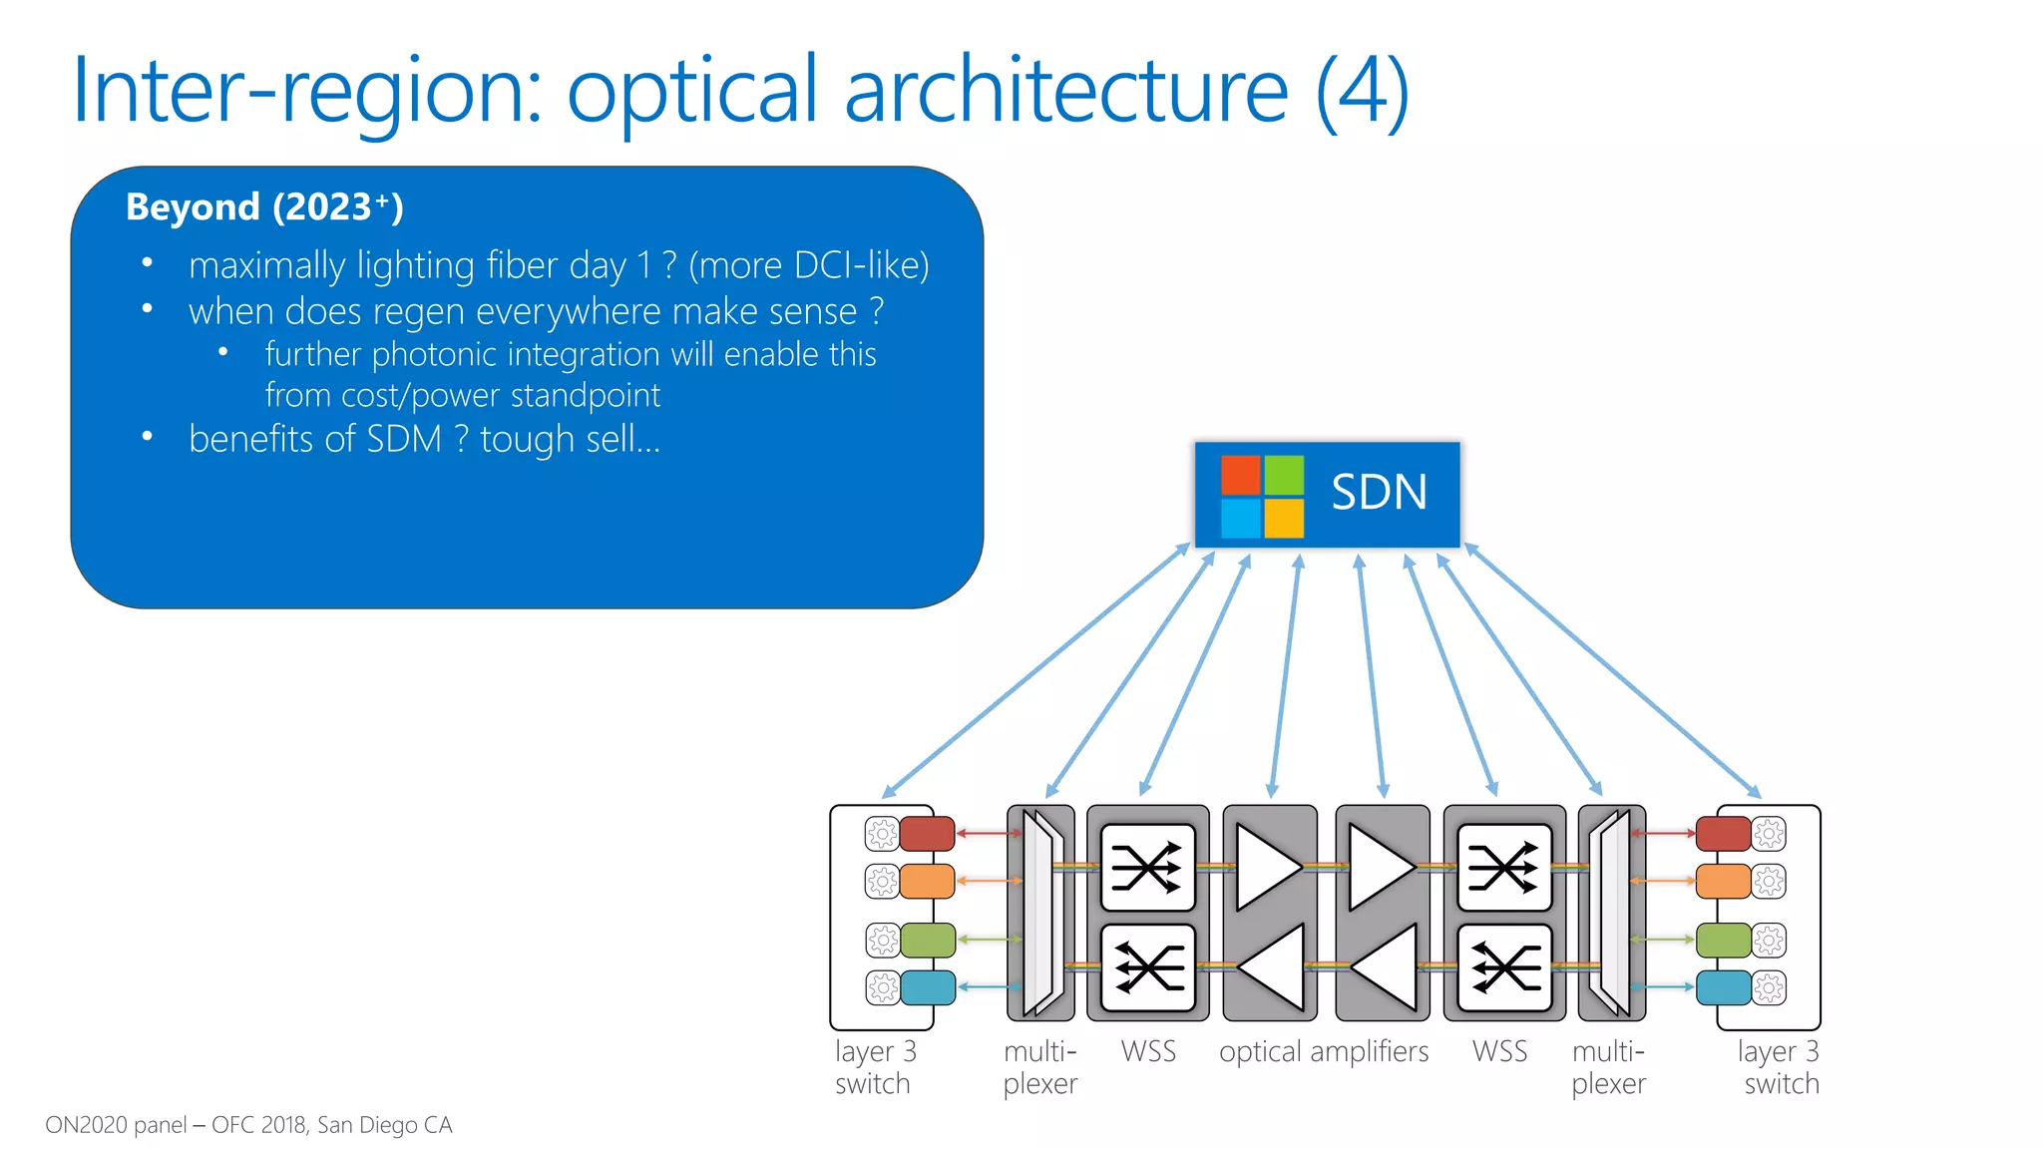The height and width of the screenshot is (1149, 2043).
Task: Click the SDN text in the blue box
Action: point(1379,493)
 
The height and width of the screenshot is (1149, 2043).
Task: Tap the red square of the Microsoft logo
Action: point(1241,475)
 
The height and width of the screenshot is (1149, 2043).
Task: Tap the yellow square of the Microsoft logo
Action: point(1284,519)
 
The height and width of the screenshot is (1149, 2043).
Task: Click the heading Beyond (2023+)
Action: point(264,207)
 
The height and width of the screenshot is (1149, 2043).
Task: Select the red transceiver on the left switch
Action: point(927,833)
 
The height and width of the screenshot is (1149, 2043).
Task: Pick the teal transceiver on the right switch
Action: point(1724,987)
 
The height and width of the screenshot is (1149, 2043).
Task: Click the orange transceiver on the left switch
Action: point(927,882)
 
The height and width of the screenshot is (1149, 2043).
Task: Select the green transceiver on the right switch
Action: point(1724,940)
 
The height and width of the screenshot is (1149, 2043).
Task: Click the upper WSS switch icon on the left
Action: point(1147,867)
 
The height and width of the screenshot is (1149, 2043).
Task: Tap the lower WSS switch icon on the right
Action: point(1504,967)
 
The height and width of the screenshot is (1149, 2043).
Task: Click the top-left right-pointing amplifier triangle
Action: point(1267,867)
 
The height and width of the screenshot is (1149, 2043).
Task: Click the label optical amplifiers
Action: point(1323,1052)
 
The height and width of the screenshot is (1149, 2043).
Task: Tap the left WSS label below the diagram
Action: point(1148,1052)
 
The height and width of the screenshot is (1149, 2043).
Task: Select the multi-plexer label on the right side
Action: point(1608,1067)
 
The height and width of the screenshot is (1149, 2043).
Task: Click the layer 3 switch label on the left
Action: point(874,1067)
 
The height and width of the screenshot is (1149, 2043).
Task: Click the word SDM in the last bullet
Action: point(403,440)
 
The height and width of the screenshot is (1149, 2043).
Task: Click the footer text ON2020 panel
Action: point(116,1125)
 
